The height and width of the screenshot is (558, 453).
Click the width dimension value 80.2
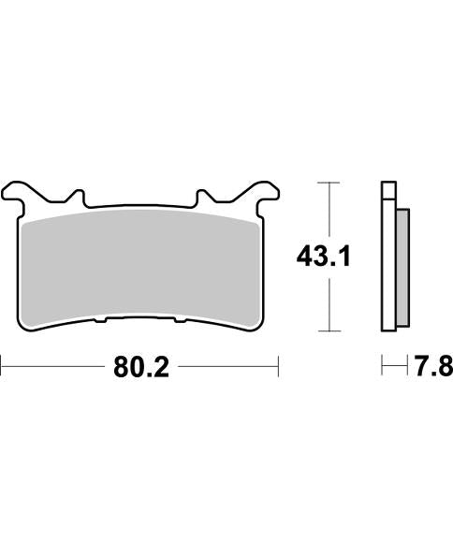coord(140,368)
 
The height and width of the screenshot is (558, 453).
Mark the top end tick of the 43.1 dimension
coord(326,181)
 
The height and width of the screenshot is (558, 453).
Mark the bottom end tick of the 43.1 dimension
coord(326,331)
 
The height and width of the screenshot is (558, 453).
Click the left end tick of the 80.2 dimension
coord(1,366)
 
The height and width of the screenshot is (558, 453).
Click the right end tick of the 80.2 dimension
coord(279,366)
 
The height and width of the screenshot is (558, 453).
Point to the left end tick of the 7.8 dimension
coord(383,366)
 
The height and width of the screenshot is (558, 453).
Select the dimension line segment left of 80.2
coord(51,366)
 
